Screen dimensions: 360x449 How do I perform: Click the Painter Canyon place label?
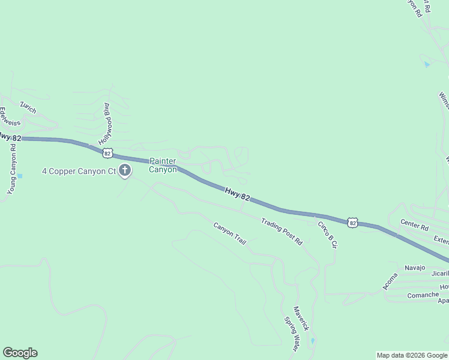163,165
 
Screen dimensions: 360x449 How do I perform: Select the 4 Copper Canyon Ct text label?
79,172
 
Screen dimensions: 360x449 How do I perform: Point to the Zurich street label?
28,107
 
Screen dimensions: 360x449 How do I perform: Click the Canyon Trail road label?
230,233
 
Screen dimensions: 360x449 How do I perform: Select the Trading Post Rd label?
282,231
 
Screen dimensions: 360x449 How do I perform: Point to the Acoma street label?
391,281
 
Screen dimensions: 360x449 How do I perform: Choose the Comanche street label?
423,295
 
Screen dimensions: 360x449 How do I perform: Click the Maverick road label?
301,319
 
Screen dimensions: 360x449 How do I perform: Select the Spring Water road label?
291,334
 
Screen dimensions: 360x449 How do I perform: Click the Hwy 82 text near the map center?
238,193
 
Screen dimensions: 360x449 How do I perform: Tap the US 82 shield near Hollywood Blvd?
107,153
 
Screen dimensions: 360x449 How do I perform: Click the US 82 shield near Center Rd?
352,223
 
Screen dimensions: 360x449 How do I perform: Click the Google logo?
20,353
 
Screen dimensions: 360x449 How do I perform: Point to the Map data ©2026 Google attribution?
412,355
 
